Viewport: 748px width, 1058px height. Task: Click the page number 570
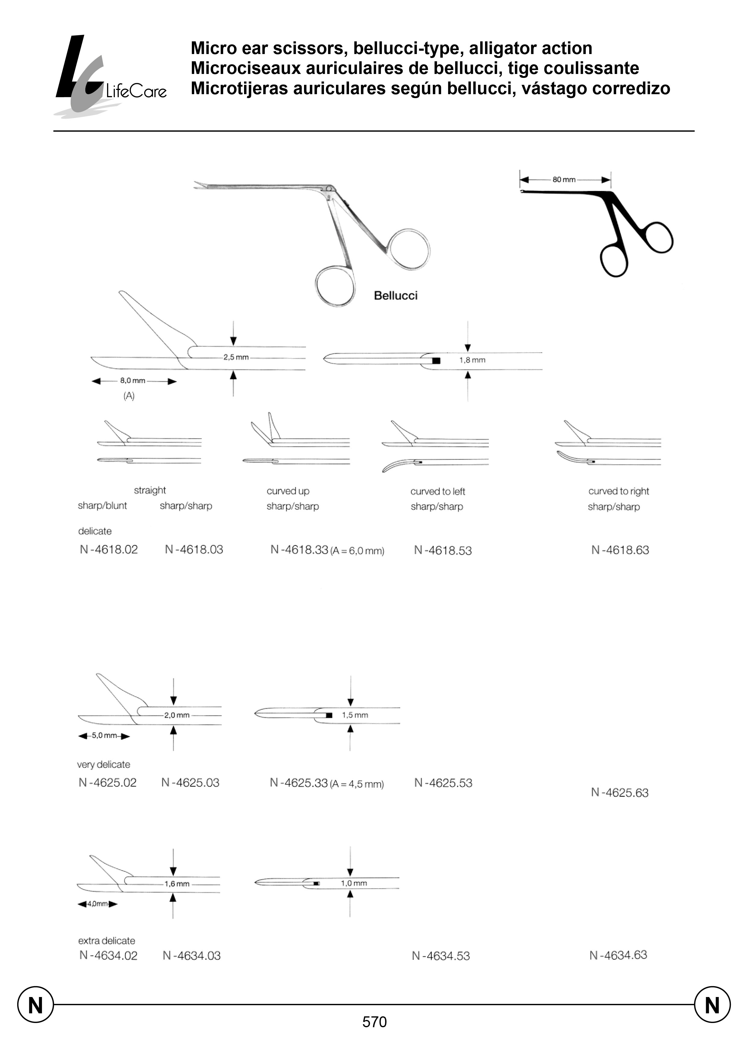(x=374, y=1022)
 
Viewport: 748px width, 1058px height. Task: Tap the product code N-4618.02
(x=109, y=549)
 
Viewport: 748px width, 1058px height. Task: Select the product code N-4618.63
(x=620, y=550)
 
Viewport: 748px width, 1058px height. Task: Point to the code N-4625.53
(x=443, y=783)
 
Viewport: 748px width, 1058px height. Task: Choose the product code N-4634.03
(x=192, y=956)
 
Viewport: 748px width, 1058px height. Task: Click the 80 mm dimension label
(x=564, y=180)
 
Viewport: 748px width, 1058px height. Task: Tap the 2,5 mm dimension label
(x=236, y=357)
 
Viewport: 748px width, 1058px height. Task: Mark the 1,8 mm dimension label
(x=472, y=360)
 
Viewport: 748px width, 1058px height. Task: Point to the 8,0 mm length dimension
(x=133, y=381)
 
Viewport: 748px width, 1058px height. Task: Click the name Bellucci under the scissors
(x=396, y=296)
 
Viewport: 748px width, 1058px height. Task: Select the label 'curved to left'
(x=438, y=491)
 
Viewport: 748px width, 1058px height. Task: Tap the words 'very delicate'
(x=104, y=764)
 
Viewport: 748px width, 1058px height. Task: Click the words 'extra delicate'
(x=107, y=941)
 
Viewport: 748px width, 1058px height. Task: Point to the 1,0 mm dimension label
(x=354, y=883)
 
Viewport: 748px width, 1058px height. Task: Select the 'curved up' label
(x=288, y=491)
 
